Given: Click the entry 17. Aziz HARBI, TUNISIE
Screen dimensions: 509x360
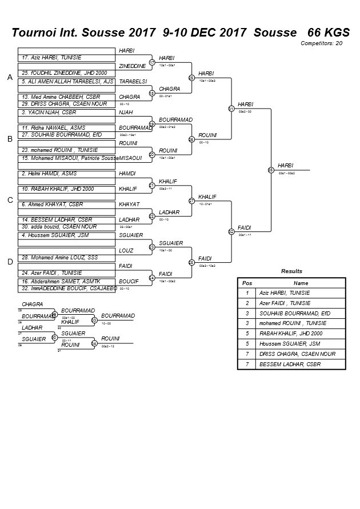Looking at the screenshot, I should tap(51, 58).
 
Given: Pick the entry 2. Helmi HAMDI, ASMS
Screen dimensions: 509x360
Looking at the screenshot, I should tap(49, 173).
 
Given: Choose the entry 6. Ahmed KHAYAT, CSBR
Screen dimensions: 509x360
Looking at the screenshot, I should tap(53, 204).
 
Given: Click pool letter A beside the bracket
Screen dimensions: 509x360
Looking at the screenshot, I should tap(10, 78).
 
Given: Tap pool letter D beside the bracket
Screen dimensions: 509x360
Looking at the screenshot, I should tap(10, 262).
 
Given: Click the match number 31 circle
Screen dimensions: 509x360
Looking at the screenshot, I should tap(231, 108).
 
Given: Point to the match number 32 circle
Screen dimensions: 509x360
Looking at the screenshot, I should tap(231, 231).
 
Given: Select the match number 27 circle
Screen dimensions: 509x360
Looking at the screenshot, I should tap(192, 201).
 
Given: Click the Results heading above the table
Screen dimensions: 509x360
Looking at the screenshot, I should tap(291, 271).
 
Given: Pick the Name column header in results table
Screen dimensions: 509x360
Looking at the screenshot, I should tap(301, 283).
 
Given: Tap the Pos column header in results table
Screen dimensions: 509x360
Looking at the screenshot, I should tap(247, 283).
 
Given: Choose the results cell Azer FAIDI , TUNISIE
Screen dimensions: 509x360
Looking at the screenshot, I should tap(285, 303).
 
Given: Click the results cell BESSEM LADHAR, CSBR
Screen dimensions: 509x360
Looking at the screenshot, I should tap(290, 364).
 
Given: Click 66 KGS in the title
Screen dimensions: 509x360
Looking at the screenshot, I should tap(328, 32).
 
